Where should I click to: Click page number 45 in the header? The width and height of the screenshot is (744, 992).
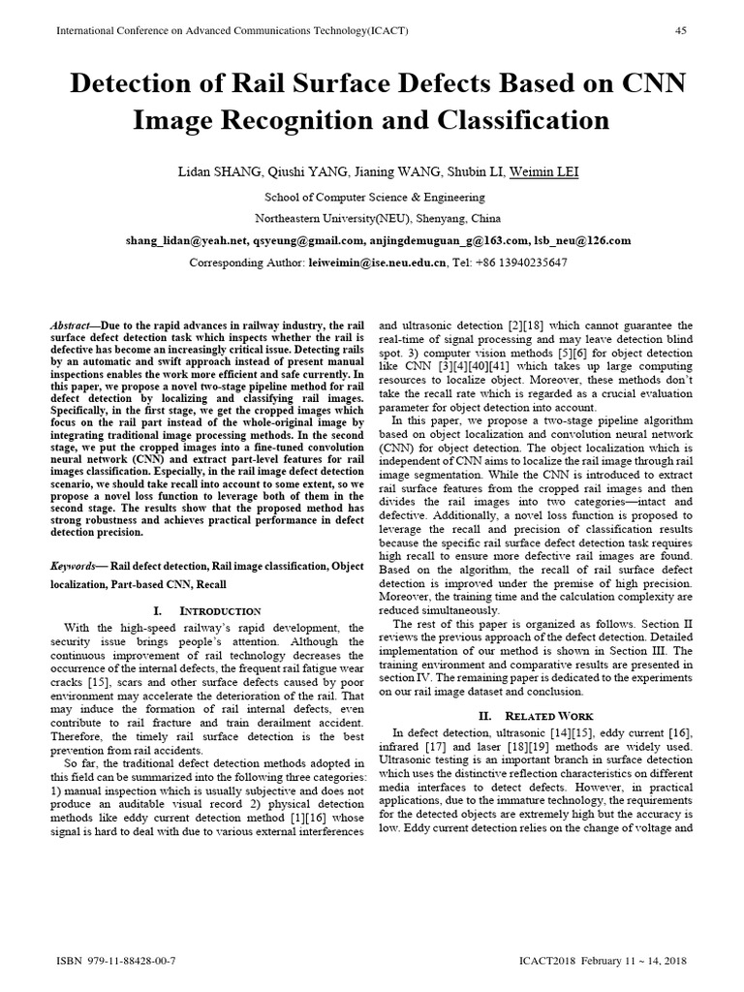click(x=680, y=30)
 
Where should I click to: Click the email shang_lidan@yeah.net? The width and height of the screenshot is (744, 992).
click(x=180, y=240)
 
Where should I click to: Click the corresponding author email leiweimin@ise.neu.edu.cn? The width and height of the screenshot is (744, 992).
click(x=379, y=263)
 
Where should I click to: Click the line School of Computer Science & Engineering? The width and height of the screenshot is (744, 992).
click(x=372, y=197)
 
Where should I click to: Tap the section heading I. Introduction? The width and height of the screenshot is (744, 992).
click(x=207, y=611)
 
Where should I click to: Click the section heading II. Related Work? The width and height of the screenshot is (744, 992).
click(x=535, y=715)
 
